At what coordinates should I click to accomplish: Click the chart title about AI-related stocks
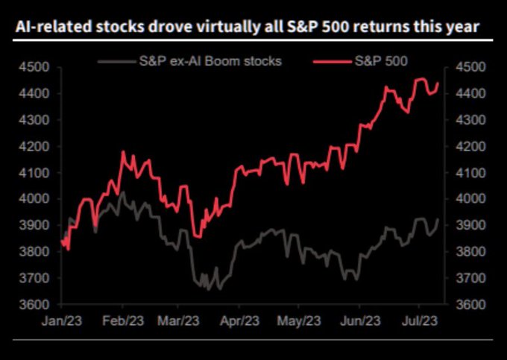tap(246, 28)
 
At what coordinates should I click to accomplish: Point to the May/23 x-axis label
tap(300, 321)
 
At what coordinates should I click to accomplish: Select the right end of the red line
tap(438, 83)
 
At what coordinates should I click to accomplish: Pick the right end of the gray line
tap(438, 218)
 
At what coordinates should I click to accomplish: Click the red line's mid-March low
tap(196, 236)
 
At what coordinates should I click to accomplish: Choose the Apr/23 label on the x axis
tap(239, 321)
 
